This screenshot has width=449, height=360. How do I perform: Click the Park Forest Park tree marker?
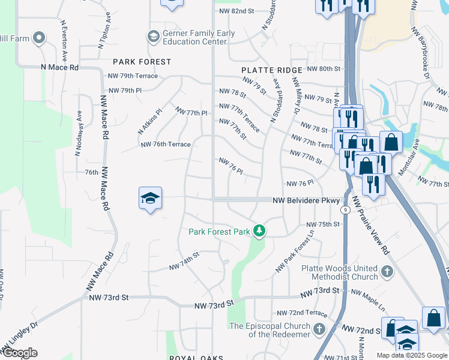pyautogui.click(x=259, y=230)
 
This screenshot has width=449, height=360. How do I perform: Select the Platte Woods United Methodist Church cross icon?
pyautogui.click(x=387, y=272)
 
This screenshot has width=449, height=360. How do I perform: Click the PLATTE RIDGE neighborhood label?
pyautogui.click(x=272, y=70)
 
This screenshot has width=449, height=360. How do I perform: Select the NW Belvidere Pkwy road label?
pyautogui.click(x=306, y=200)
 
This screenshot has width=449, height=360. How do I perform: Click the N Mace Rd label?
pyautogui.click(x=59, y=68)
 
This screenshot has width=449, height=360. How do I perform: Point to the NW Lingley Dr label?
pyautogui.click(x=19, y=338)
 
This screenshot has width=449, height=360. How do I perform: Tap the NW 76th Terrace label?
pyautogui.click(x=165, y=145)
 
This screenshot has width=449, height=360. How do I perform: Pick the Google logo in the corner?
pyautogui.click(x=19, y=353)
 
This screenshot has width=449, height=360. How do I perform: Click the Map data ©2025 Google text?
pyautogui.click(x=411, y=355)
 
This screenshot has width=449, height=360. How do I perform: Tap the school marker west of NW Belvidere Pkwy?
pyautogui.click(x=149, y=199)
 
